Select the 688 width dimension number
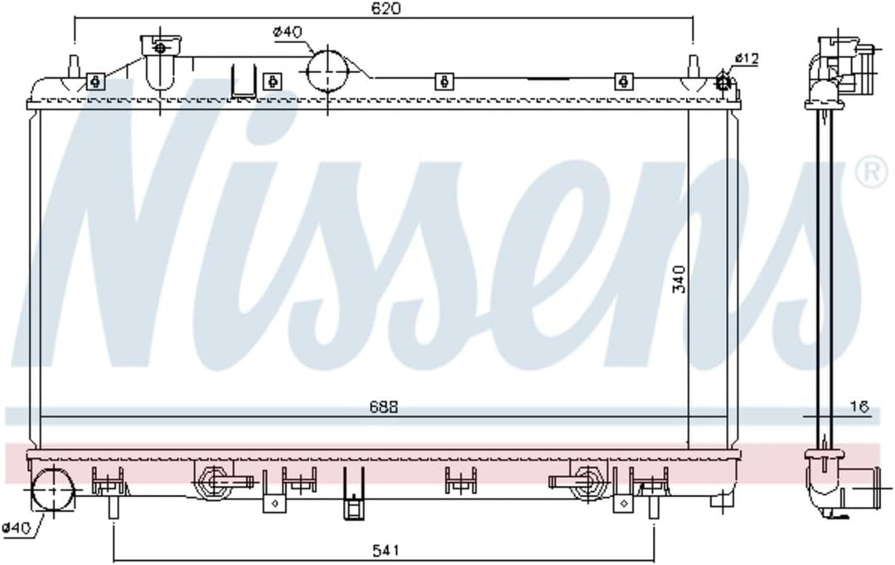point(384,407)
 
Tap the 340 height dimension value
point(680,278)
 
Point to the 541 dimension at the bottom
point(385,550)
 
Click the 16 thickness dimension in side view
point(859,407)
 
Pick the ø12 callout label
point(747,58)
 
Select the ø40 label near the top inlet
point(288,32)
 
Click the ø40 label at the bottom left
point(16,528)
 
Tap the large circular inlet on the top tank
point(327,71)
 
